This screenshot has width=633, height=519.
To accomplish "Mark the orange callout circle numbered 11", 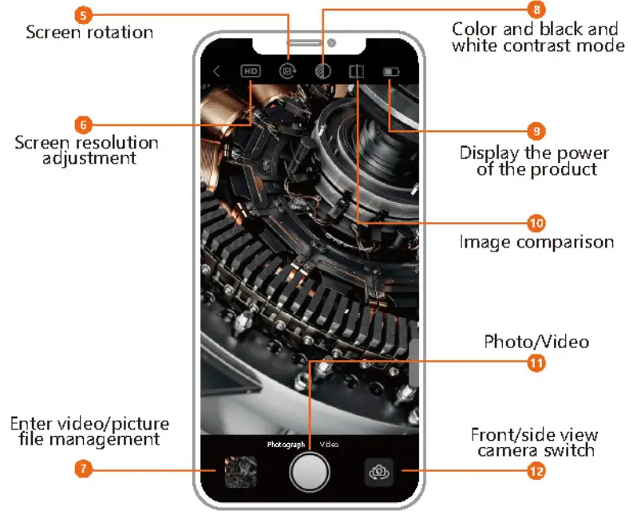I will point(536,362).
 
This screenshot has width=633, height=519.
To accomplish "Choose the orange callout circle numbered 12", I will point(536,471).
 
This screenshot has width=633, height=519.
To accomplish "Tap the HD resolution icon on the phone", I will point(251,71).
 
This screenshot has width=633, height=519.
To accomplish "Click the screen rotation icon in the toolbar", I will point(287,71).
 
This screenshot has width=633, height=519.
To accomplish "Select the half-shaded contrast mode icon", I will point(322,71).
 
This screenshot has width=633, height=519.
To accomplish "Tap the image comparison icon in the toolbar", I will point(356,71).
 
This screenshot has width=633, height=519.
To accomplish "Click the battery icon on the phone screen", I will point(391,71).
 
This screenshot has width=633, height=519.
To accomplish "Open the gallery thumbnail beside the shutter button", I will point(240,472).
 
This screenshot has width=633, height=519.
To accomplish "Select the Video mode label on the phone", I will point(329,444).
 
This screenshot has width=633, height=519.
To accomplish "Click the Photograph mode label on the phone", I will point(286,444).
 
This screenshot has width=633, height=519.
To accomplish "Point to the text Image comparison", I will point(536,241).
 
